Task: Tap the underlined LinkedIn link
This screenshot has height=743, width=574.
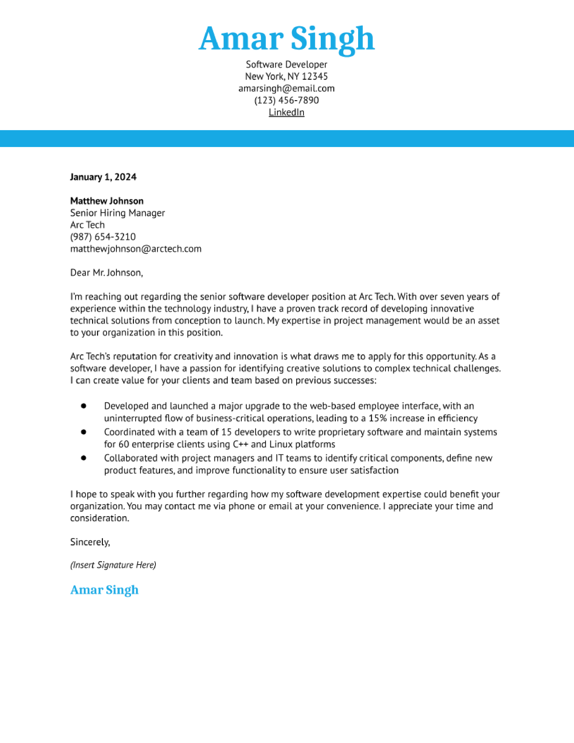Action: pos(286,112)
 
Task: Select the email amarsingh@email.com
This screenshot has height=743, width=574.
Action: pos(286,88)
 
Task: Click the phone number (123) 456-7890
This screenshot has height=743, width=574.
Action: pos(286,100)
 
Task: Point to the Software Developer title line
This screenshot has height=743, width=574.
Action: pos(286,64)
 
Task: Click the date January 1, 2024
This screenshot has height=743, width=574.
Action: pos(103,177)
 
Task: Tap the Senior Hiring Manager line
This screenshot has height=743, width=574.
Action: pos(117,213)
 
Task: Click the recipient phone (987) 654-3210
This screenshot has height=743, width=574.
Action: pos(103,237)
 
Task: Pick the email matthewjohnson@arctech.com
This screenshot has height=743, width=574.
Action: pos(136,249)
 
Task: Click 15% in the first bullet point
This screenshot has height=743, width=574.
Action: pos(377,418)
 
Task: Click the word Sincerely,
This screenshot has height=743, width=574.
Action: pos(90,542)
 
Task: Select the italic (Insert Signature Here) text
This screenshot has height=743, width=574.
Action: pos(113,565)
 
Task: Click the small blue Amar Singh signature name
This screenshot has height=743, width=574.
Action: pos(104,590)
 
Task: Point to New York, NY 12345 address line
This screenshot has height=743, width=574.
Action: pos(286,76)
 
